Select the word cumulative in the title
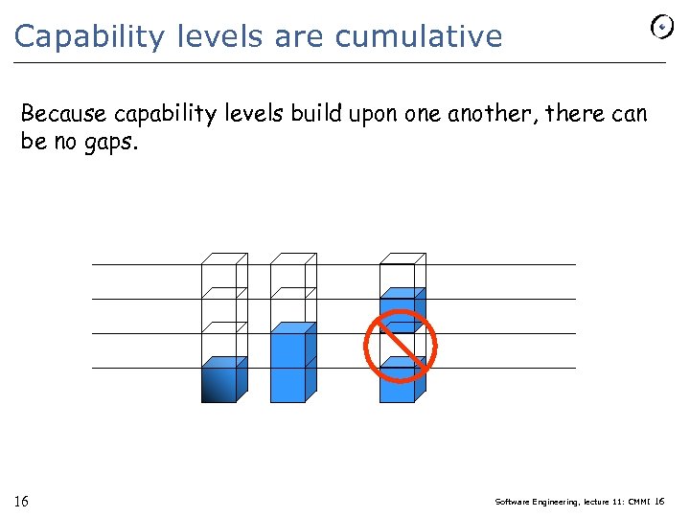pyautogui.click(x=418, y=36)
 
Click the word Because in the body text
pyautogui.click(x=63, y=114)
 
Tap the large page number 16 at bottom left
pyautogui.click(x=21, y=502)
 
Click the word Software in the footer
pyautogui.click(x=515, y=502)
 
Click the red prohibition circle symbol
pyautogui.click(x=400, y=344)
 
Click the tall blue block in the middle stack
pyautogui.click(x=288, y=365)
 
